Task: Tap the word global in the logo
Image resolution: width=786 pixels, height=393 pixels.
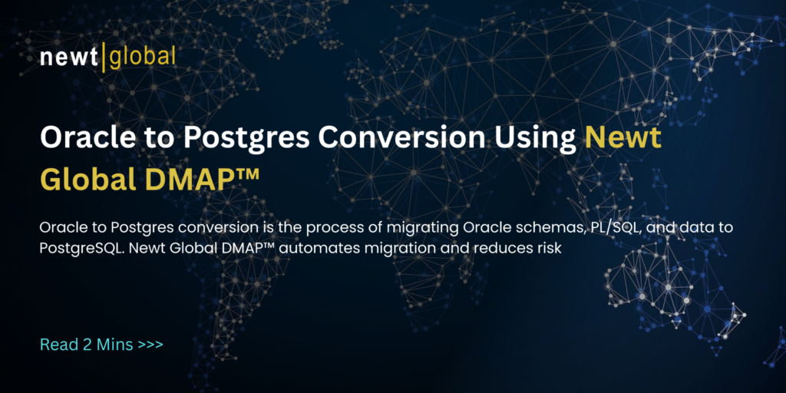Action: [x=143, y=57]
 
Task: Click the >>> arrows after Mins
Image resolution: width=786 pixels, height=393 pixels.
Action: [x=150, y=344]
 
